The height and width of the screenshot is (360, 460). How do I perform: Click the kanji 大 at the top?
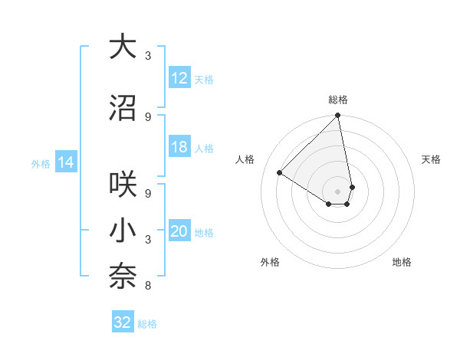point(123,47)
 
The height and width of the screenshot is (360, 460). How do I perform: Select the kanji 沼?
point(123,109)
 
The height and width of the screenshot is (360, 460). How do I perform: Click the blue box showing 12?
point(179,78)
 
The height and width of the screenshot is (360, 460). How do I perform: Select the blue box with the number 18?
point(179,148)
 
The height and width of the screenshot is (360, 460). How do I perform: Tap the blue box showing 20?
point(179,232)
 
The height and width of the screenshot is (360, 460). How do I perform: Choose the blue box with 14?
point(65,162)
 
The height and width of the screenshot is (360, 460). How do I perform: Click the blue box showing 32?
point(123,322)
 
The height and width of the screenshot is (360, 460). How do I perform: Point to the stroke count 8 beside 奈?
point(147,286)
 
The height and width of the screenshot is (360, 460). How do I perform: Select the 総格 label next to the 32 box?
point(147,324)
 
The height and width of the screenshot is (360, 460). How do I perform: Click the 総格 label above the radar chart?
point(338,100)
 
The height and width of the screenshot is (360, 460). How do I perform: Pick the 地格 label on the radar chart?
point(402,262)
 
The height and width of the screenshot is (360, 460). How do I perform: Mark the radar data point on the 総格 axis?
point(338,116)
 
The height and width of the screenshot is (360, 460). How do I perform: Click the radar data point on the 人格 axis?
point(280,173)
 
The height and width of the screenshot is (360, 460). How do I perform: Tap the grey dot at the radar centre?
point(338,191)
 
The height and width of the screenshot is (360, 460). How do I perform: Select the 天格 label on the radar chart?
point(431,159)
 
